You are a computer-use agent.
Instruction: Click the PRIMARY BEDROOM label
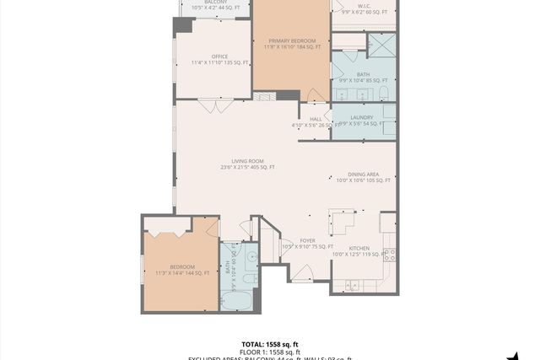click(292, 41)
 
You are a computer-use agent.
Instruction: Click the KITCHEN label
click(359, 248)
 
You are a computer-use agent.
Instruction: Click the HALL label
click(315, 120)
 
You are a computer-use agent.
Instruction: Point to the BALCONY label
click(215, 3)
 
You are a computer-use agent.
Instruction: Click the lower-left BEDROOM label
click(181, 267)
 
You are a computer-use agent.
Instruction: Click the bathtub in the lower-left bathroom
click(240, 299)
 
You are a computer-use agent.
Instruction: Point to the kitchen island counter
click(344, 223)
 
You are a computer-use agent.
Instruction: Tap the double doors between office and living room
click(210, 105)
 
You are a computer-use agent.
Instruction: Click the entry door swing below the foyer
click(302, 273)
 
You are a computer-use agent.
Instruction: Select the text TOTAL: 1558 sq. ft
click(270, 344)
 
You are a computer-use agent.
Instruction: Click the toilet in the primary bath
click(382, 91)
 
